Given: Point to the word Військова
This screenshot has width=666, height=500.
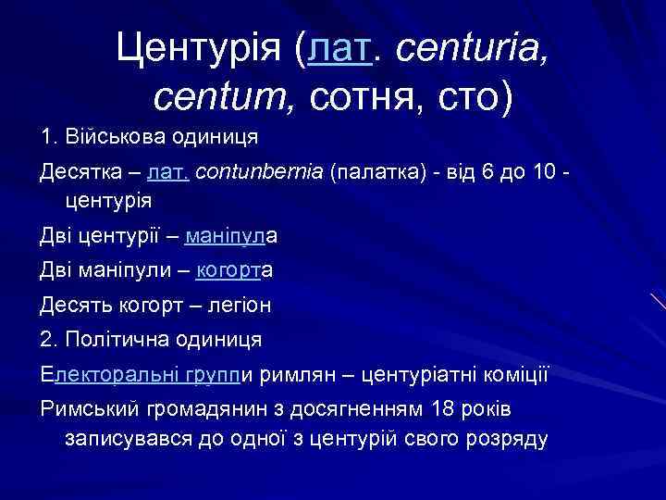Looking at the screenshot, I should coord(115,137).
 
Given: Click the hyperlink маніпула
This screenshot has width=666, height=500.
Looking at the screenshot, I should coord(232,236).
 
